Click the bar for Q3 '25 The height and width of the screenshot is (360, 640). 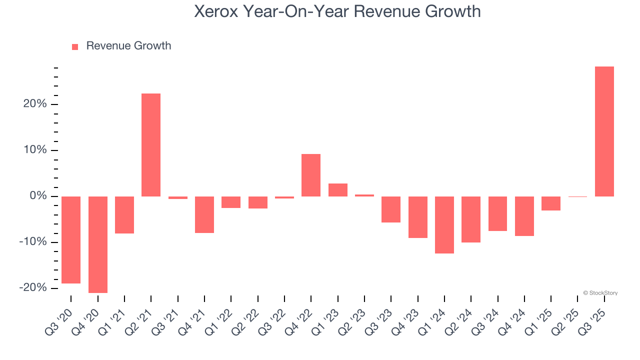(604, 131)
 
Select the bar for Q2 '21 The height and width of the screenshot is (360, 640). (151, 145)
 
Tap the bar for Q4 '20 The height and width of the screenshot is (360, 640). (98, 244)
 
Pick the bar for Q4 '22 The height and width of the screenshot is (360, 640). (311, 175)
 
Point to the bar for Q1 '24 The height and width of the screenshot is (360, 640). (444, 225)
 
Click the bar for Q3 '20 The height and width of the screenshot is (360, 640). (71, 240)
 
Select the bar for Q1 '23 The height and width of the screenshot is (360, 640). (338, 190)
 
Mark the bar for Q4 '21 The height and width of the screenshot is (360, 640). (204, 214)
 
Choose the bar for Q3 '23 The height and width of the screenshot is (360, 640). (391, 209)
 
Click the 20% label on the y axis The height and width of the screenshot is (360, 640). (34, 104)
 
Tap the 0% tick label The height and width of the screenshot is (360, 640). (38, 196)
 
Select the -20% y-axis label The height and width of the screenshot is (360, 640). (33, 288)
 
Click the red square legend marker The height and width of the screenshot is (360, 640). (75, 46)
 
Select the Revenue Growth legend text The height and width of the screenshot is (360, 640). (128, 46)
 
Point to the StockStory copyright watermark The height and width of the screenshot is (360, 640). (600, 293)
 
